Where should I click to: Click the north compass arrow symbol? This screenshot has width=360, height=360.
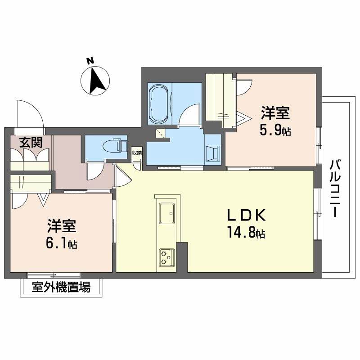click(95, 81)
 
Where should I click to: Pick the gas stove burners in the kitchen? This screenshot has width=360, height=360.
click(167, 257)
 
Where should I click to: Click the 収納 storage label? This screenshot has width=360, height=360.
click(137, 152)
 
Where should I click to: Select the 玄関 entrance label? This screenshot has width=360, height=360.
click(31, 143)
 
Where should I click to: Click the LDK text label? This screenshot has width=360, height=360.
click(246, 215)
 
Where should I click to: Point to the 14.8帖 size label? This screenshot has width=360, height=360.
click(247, 233)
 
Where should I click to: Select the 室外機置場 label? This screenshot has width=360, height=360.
click(61, 287)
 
